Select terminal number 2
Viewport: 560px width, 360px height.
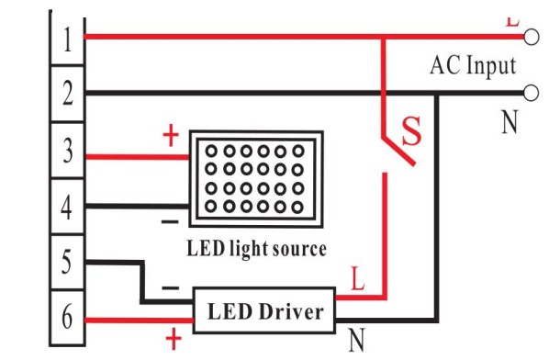pyautogui.click(x=65, y=93)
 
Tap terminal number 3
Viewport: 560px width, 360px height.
pyautogui.click(x=65, y=152)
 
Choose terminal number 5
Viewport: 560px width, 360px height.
pyautogui.click(x=65, y=263)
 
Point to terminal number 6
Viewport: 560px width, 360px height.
pyautogui.click(x=65, y=319)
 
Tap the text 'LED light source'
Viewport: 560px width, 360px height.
pyautogui.click(x=256, y=248)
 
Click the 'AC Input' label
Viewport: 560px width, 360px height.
pyautogui.click(x=473, y=65)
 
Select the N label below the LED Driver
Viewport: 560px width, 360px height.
pyautogui.click(x=356, y=343)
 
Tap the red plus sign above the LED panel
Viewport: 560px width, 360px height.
pyautogui.click(x=170, y=137)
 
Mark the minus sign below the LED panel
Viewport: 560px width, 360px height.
pyautogui.click(x=170, y=222)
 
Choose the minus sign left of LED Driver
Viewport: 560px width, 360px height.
pyautogui.click(x=171, y=287)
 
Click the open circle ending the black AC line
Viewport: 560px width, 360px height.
pyautogui.click(x=530, y=93)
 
